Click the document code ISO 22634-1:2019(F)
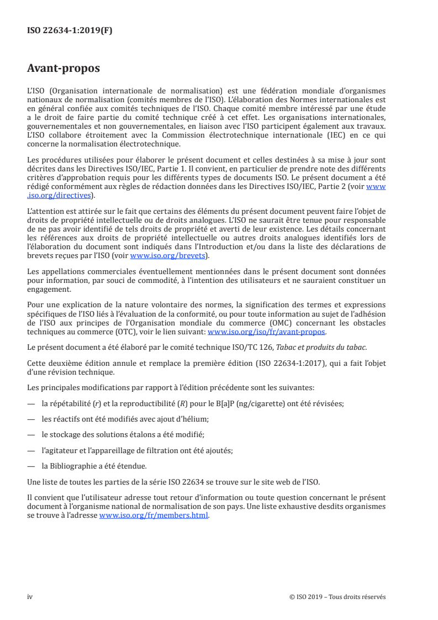tap(70, 31)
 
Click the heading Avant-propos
tap(64, 69)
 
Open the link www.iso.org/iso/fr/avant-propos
tap(266, 332)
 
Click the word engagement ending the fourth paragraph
tap(49, 289)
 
